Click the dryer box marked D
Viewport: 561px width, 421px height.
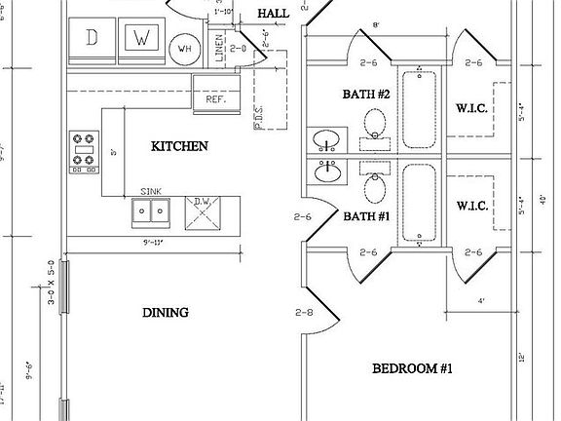pos(93,40)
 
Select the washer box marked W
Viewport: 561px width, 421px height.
pos(142,40)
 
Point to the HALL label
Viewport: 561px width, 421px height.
pos(273,13)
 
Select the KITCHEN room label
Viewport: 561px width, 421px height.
pos(179,146)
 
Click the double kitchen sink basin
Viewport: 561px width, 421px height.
pos(151,211)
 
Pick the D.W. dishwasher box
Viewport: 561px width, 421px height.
pos(203,211)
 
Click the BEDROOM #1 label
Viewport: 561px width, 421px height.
pos(412,368)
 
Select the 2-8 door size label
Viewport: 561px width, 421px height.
pos(304,314)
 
